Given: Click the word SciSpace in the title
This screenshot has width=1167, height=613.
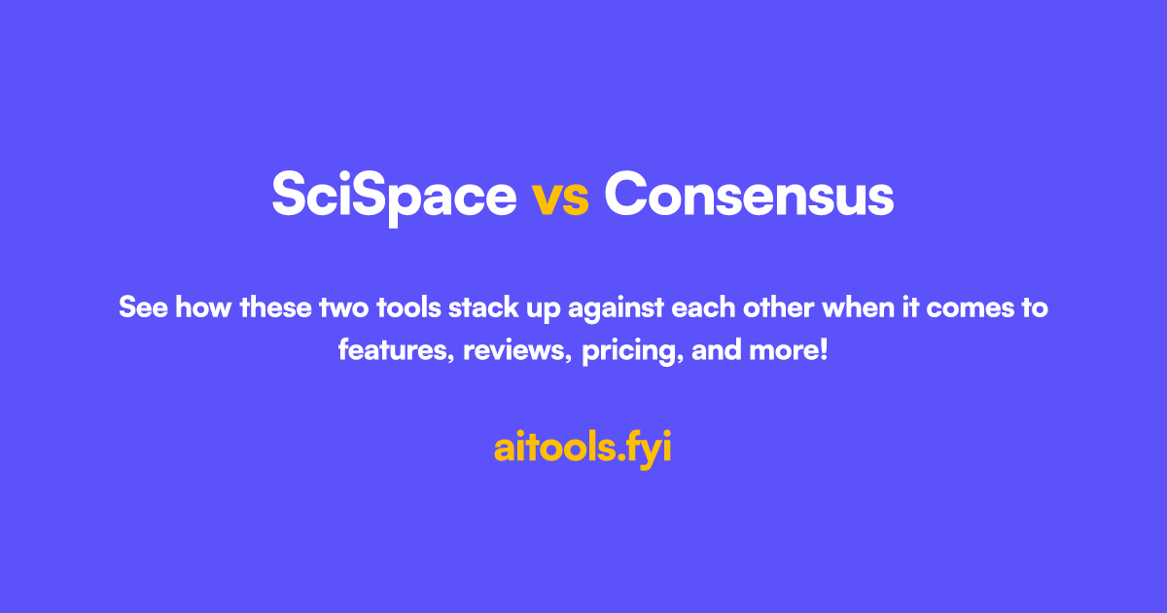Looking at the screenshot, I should pyautogui.click(x=394, y=195).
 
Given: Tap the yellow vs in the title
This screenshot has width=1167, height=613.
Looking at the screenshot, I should pyautogui.click(x=560, y=196).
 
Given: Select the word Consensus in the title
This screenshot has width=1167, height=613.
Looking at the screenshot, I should pyautogui.click(x=748, y=195).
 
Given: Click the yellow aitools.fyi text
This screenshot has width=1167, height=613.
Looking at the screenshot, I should pyautogui.click(x=583, y=449).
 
